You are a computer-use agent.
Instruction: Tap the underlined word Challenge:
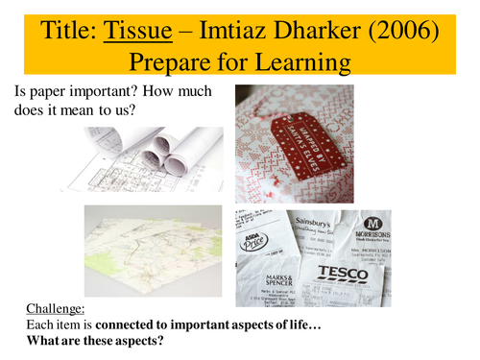(53, 310)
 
